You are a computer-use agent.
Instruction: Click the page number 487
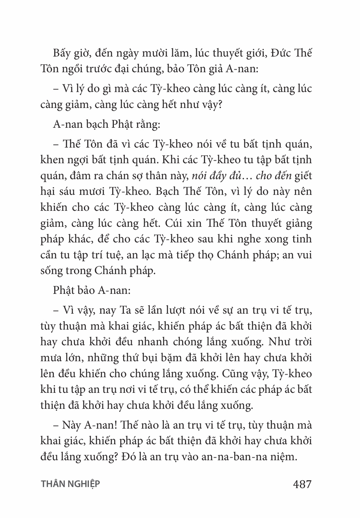302,484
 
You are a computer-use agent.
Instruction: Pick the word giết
303,176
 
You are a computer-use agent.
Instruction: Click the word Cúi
175,224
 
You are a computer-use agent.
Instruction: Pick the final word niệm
296,457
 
